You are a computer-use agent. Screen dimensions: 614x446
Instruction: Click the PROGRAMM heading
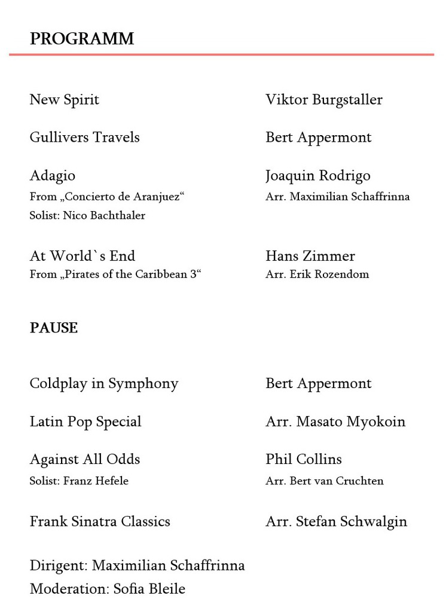point(82,39)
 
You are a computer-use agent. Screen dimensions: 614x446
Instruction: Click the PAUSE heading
point(54,328)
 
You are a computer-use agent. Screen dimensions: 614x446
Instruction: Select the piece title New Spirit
point(65,99)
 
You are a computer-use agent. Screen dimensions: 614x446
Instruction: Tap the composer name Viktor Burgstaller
point(324,99)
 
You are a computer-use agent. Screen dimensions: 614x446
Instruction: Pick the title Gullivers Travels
point(84,137)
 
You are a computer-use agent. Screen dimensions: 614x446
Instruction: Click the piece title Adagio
point(53,175)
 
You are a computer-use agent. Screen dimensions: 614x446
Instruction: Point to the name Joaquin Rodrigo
point(318,175)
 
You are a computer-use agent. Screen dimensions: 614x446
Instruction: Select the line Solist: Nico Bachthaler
point(87,215)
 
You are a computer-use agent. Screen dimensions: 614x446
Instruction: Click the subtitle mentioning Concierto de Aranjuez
point(107,196)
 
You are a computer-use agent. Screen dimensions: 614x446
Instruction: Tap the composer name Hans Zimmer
point(310,256)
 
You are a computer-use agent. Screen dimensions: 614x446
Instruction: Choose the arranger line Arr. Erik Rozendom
point(317,274)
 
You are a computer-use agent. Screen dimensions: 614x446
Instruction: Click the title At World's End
point(83,256)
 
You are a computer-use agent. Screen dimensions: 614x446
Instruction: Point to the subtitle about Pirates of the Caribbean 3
point(115,274)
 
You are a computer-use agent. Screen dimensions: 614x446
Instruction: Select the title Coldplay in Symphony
point(104,383)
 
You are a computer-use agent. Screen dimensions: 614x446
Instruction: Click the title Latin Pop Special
point(85,421)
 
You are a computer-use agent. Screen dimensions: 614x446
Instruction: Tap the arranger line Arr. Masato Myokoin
point(335,421)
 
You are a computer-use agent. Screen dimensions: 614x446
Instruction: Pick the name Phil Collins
point(304,459)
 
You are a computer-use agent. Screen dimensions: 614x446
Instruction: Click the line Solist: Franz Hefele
point(79,481)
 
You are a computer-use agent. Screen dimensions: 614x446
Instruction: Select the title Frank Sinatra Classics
point(100,521)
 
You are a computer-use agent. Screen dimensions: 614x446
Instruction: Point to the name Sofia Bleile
point(149,589)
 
